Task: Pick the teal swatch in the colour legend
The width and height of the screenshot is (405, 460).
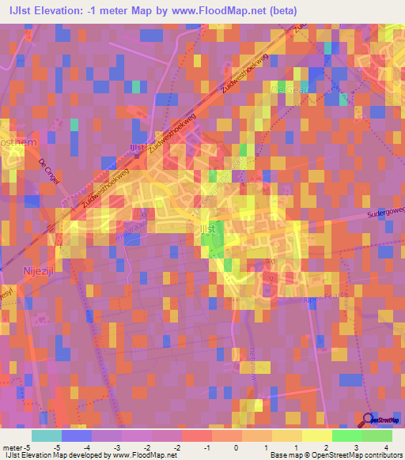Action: coord(46,435)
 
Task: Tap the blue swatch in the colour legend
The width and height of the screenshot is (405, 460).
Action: coord(77,435)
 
